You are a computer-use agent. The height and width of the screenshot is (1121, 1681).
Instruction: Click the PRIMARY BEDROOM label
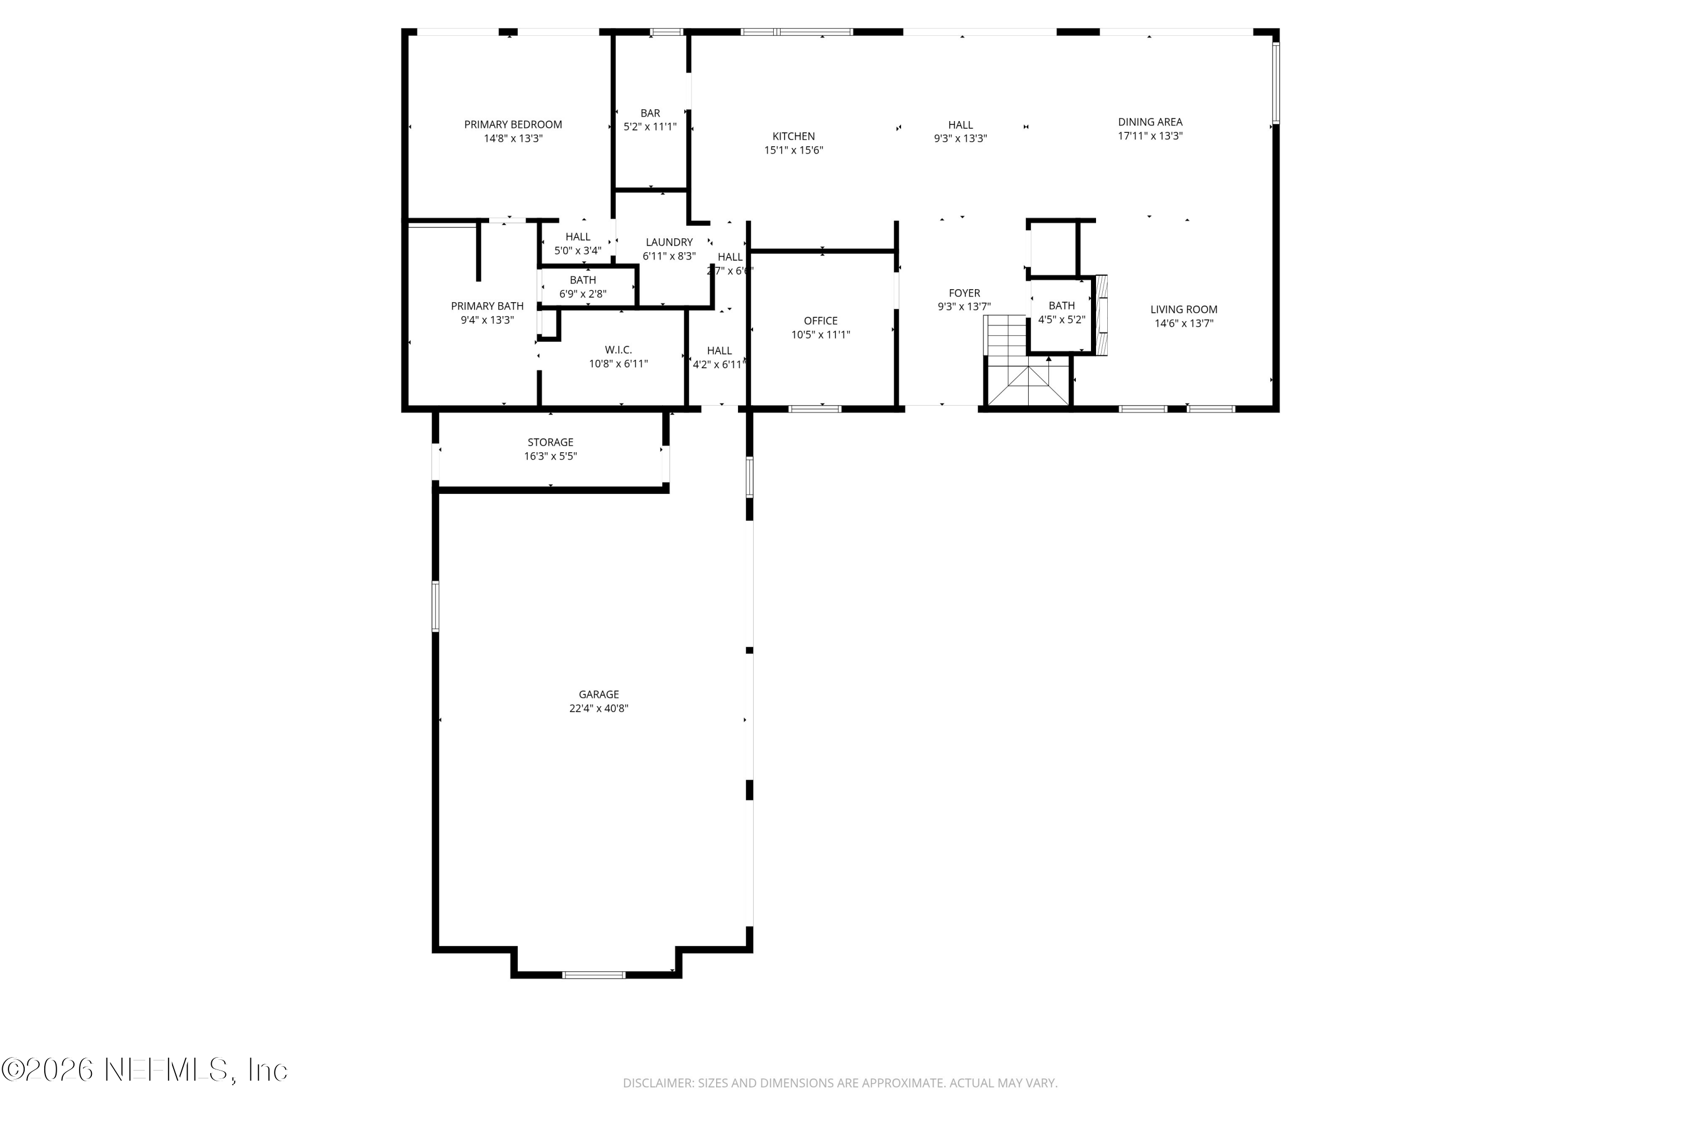tap(513, 124)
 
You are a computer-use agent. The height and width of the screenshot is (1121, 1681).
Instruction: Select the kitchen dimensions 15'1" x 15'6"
tap(793, 150)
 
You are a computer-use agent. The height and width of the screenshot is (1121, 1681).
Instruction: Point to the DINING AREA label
tap(1149, 122)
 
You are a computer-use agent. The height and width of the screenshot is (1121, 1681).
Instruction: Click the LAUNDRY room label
tap(668, 242)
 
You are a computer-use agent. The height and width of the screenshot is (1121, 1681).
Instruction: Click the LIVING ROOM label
tap(1183, 309)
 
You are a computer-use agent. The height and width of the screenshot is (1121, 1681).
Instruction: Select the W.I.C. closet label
tap(617, 350)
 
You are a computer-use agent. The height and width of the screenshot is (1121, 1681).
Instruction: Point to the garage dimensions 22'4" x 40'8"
tap(598, 708)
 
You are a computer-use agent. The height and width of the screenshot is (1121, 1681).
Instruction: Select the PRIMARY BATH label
tap(487, 306)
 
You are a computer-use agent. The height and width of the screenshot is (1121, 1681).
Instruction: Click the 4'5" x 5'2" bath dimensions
tap(1061, 319)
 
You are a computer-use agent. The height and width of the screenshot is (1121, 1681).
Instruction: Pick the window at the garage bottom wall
tap(593, 975)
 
